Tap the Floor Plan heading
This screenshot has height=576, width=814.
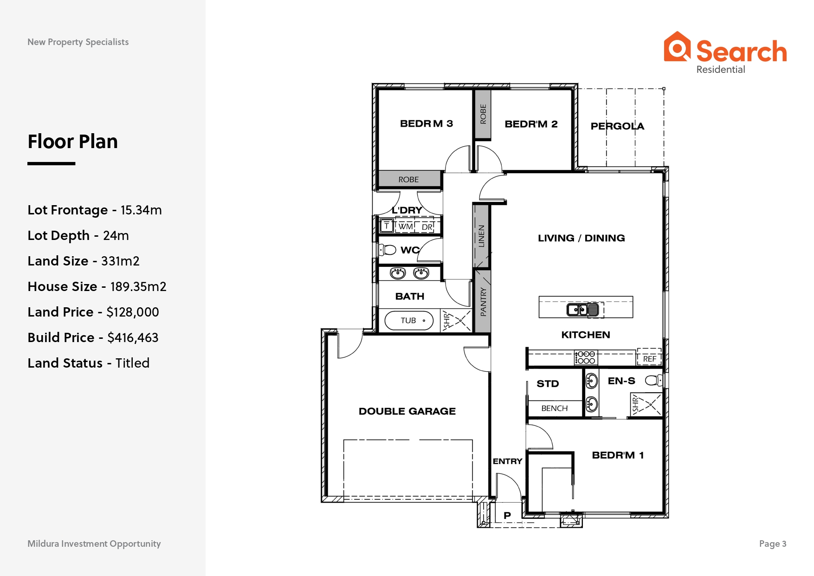tap(73, 142)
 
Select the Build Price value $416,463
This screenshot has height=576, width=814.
tap(133, 338)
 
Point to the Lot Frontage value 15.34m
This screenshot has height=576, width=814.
tap(141, 210)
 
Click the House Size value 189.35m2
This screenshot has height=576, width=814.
tap(138, 287)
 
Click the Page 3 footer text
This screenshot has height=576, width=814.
tap(773, 544)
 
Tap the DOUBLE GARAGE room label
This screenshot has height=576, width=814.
tap(407, 411)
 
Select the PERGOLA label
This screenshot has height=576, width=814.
tap(617, 126)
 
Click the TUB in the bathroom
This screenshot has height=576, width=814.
tap(409, 320)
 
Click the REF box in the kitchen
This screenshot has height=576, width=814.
tap(649, 357)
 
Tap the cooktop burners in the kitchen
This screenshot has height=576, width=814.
tap(586, 357)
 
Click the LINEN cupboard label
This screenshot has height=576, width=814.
tap(481, 236)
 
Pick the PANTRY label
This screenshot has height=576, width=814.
tap(483, 302)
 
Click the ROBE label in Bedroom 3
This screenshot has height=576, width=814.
tap(408, 180)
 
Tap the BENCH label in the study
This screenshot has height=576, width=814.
tap(554, 408)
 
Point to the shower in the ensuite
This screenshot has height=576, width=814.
tap(646, 404)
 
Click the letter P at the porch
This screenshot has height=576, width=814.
tap(507, 515)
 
